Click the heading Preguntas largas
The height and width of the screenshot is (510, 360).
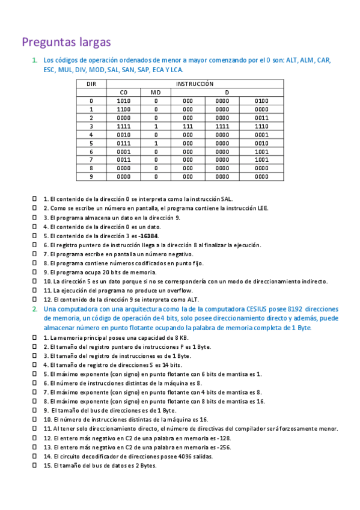point(66,42)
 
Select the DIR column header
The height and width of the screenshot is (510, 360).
point(91,84)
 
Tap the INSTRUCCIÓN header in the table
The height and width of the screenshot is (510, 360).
point(194,84)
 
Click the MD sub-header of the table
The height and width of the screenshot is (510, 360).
point(156,92)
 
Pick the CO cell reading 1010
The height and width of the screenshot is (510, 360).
point(123,101)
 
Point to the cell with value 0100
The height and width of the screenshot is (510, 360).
point(261,101)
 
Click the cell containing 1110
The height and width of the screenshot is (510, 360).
point(261,126)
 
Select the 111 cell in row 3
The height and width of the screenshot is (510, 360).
point(188,126)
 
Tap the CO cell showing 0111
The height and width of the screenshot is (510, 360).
point(123,143)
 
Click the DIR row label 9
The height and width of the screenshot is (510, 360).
point(91,177)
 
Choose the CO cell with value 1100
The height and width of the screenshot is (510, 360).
point(123,109)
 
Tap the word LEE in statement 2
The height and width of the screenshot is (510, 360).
point(261,208)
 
